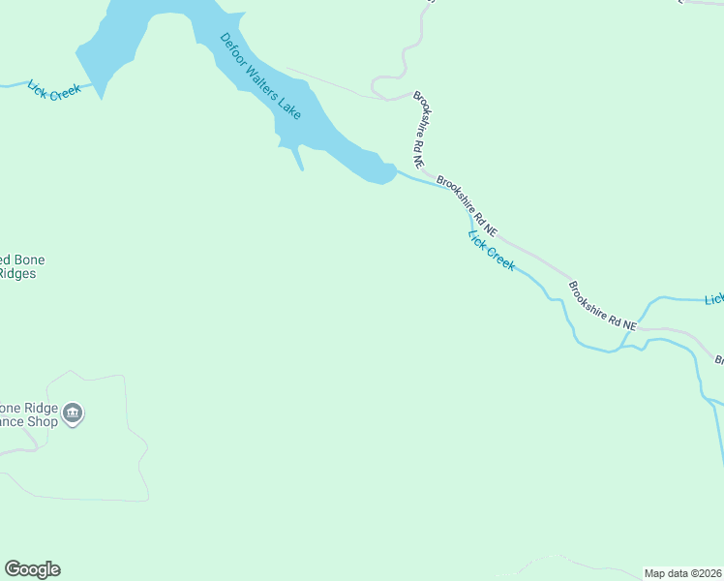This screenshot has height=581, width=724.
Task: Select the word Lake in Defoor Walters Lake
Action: tap(290, 109)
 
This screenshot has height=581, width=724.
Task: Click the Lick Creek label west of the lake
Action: tap(54, 91)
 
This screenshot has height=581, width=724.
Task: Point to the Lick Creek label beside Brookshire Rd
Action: tap(492, 250)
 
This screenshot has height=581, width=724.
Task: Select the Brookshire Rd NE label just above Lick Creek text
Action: tap(467, 206)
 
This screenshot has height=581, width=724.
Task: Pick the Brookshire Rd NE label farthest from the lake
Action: tap(603, 307)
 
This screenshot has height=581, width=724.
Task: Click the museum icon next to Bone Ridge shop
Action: tap(74, 415)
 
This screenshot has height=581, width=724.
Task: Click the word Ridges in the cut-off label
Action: tap(17, 274)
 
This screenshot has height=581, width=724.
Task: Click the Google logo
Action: tap(32, 569)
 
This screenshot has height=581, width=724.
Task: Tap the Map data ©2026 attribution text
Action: tap(683, 572)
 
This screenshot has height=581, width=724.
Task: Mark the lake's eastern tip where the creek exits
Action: tap(390, 172)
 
